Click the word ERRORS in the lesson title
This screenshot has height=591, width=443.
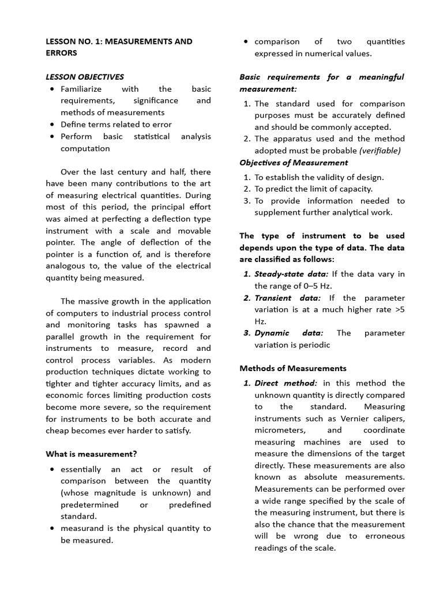[61, 53]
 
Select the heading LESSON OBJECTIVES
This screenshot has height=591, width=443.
[85, 77]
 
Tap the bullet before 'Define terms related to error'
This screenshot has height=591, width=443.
[52, 124]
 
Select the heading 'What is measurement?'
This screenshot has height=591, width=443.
[91, 454]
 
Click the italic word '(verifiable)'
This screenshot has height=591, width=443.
[380, 151]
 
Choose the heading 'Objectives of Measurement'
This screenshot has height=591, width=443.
[294, 163]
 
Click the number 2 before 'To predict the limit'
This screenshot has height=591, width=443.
[246, 189]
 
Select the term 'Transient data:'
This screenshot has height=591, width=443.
[287, 298]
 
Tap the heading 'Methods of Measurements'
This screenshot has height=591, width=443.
[293, 368]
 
